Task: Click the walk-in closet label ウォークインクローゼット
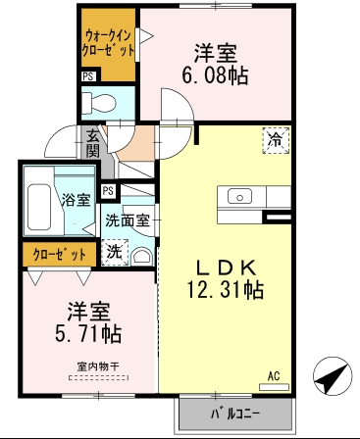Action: (x=107, y=41)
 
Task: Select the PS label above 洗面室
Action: (x=108, y=190)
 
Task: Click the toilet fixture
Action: (x=100, y=102)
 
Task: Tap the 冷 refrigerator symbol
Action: (x=276, y=141)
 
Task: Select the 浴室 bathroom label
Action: (x=76, y=200)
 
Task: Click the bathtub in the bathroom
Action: (x=39, y=206)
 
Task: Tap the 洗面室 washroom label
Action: (x=128, y=221)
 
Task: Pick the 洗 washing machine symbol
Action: (x=114, y=252)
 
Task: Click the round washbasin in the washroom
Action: (x=141, y=257)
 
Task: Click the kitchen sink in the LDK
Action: (x=240, y=196)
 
